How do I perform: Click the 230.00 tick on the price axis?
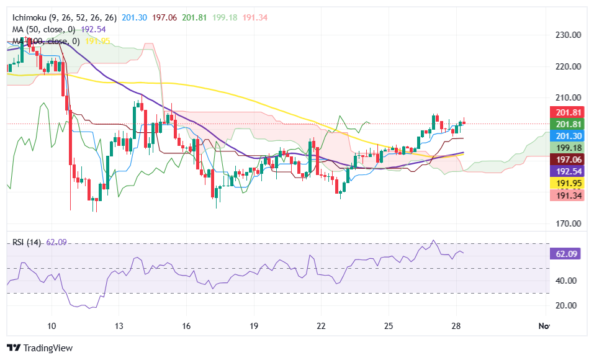point(568,35)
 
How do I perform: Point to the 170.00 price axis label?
point(568,223)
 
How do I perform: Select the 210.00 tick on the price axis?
point(568,98)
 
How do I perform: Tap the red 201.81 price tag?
point(566,112)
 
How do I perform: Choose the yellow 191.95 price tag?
point(566,183)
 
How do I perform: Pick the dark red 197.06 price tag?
point(566,160)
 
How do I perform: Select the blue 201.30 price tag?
point(566,136)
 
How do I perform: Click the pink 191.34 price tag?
point(566,195)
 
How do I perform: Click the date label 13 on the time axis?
point(120,326)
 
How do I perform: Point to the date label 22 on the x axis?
point(321,326)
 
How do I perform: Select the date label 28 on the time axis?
point(456,326)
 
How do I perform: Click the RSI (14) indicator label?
point(27,242)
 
